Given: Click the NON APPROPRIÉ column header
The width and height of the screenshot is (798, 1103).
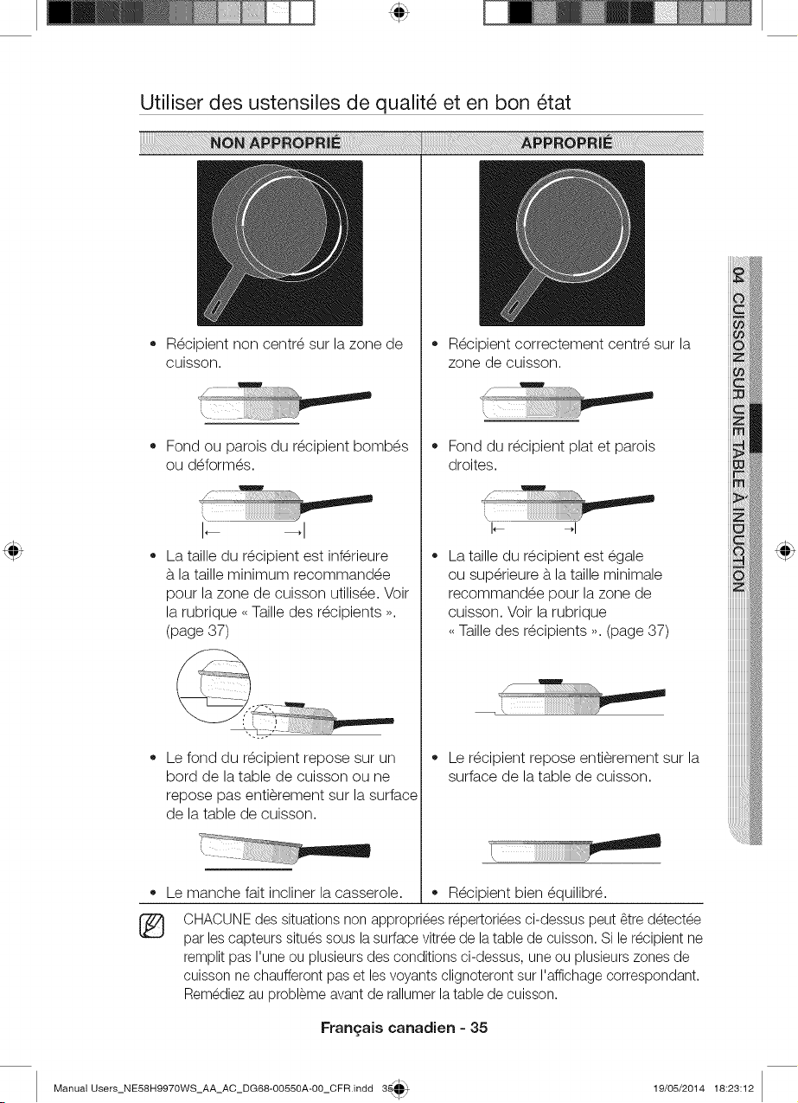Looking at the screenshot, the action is coord(275,143).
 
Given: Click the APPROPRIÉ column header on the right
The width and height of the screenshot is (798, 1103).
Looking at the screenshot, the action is coord(567,143).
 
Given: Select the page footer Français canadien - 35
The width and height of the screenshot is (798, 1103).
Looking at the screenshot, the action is coord(404,1027).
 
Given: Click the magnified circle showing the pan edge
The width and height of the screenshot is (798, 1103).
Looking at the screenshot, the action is coord(214,685).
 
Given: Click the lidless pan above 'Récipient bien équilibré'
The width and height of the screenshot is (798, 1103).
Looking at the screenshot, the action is coord(575,848).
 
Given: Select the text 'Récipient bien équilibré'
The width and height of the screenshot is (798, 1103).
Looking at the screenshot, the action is coord(527,893).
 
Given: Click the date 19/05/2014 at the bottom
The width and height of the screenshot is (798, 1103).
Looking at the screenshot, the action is coord(679,1087).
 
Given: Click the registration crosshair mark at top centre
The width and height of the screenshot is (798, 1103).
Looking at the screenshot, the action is coord(400,13).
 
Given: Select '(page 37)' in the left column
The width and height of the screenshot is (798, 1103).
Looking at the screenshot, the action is coord(197,631).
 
